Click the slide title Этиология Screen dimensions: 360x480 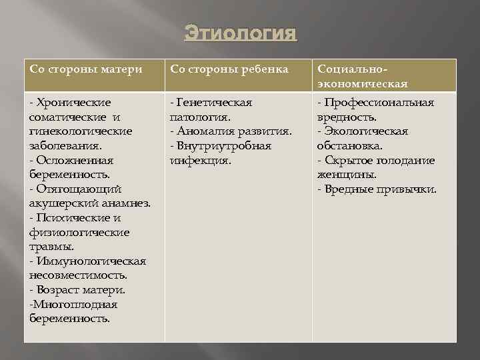coord(239,32)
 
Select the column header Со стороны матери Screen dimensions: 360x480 coord(86,69)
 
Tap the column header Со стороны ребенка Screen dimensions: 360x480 coord(229,69)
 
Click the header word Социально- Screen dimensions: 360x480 coord(352,69)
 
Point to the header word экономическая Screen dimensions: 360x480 coord(362,84)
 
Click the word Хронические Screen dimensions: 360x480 coord(73,103)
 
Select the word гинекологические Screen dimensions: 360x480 coord(81,131)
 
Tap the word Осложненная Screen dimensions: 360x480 coord(75,161)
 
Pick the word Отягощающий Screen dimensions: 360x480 coord(78,189)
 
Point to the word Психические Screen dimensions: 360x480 coord(74,218)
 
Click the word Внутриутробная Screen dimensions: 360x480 coord(225,146)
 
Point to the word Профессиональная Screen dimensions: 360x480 coord(379,103)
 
